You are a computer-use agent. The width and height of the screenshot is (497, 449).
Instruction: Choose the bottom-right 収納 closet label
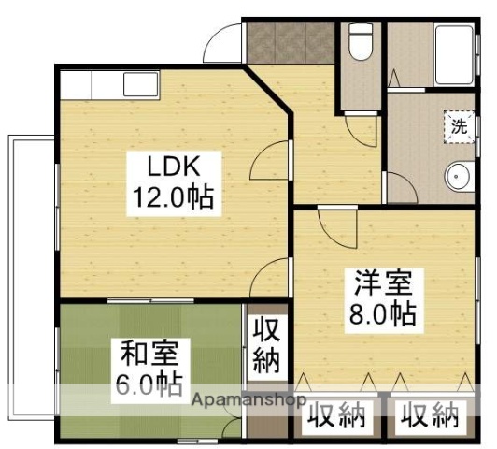tap(431, 416)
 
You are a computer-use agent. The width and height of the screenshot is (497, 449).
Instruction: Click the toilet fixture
tap(360, 42)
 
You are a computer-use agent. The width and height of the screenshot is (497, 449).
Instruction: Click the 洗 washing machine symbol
tap(459, 126)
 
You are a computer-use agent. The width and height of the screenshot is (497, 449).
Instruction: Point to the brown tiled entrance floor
tap(290, 42)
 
